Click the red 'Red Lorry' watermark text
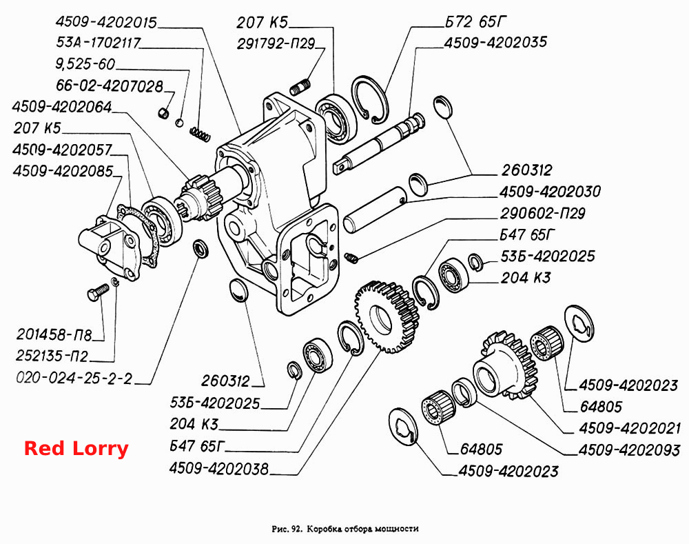pos(76,449)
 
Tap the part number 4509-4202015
pos(106,23)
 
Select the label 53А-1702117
pos(98,43)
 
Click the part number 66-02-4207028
pos(110,85)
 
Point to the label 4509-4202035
pos(495,43)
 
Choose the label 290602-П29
pos(543,214)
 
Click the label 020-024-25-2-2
pos(74,379)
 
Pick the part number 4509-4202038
pos(219,469)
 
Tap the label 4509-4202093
pos(629,450)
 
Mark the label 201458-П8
pos(54,335)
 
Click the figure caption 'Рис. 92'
pos(287,529)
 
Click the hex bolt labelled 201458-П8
pos(98,292)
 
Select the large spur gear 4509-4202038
pos(387,316)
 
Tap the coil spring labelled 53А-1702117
pos(200,134)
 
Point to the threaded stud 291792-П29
pos(300,87)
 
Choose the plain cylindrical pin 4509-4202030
pos(376,209)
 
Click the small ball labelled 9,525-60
pos(179,123)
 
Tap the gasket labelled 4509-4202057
pos(138,236)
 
